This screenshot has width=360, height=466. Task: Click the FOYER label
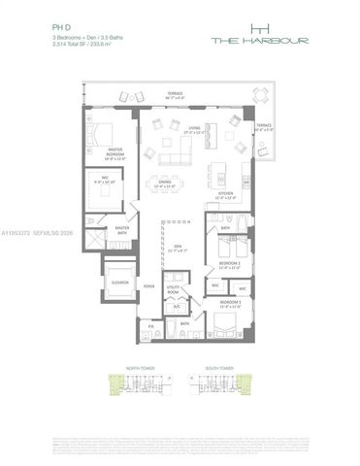click(149, 286)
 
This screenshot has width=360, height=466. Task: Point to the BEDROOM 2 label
click(229, 264)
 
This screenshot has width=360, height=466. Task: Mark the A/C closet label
click(177, 306)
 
